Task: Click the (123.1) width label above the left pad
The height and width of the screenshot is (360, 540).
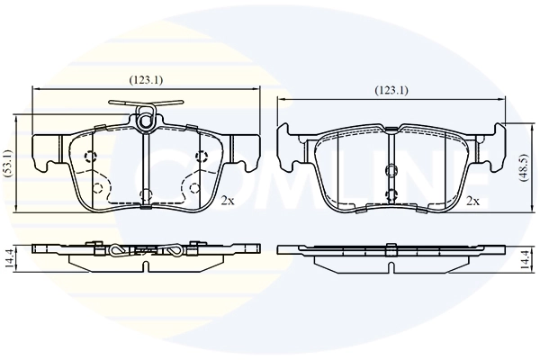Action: [x=147, y=79]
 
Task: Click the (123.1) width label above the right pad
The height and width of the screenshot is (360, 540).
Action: [x=391, y=90]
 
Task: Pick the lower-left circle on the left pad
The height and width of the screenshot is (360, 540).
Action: [x=97, y=187]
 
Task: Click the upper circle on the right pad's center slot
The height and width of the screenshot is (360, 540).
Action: [x=391, y=171]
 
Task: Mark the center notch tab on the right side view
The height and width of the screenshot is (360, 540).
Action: [x=391, y=246]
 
